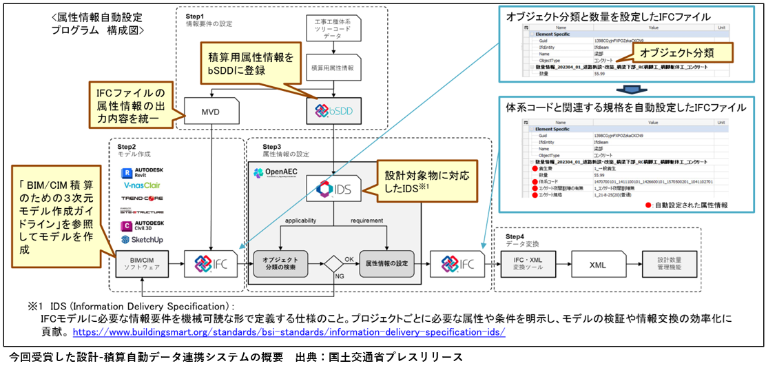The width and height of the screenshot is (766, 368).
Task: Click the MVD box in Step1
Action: coord(210,110)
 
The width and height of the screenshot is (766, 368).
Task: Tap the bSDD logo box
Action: coord(333,110)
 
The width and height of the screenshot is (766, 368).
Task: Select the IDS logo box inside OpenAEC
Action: coord(333,188)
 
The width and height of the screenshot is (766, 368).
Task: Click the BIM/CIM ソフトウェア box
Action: coord(142,265)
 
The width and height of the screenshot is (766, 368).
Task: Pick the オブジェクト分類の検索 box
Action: coord(280,264)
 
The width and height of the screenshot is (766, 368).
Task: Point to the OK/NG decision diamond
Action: coord(334,264)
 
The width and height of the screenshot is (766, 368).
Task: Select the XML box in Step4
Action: coord(597,265)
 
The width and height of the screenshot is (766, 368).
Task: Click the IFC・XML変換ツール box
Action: coord(528,265)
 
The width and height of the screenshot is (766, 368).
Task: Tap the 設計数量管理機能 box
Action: coord(665,265)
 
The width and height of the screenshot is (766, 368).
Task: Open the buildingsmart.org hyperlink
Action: coord(289,331)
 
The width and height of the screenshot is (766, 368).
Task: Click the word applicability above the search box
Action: coord(297,220)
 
